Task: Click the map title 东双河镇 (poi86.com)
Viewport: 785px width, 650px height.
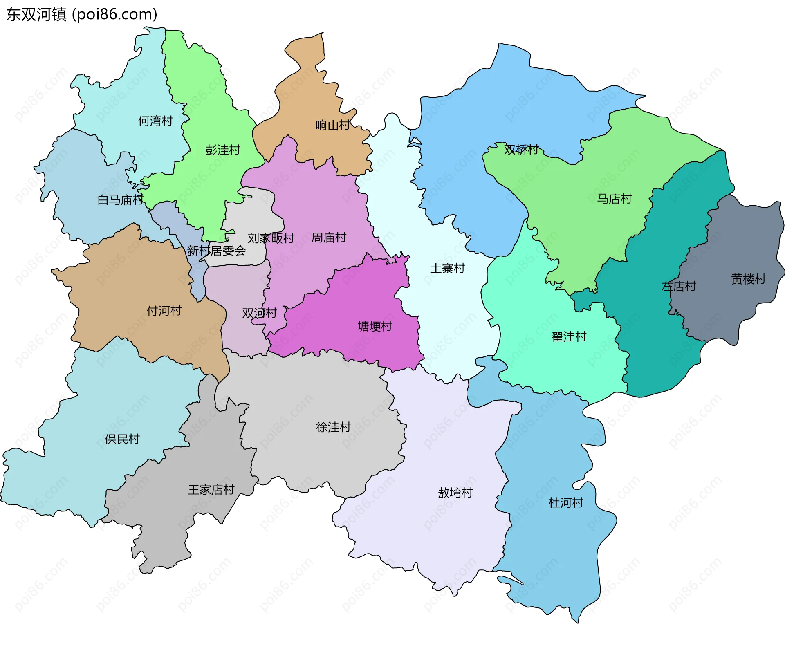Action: tap(82, 14)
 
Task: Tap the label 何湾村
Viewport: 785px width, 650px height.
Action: tap(155, 121)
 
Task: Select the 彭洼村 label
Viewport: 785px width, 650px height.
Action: tap(223, 150)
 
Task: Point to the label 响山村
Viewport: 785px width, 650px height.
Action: tap(333, 125)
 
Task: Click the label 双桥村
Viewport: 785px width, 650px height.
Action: tap(521, 150)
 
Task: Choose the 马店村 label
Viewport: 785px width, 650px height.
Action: tap(615, 199)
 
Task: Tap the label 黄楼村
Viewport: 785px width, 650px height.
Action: tap(748, 279)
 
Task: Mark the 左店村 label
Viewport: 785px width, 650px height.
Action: tap(679, 286)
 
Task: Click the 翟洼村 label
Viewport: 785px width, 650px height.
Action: tap(569, 337)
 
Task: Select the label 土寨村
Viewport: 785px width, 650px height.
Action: tap(448, 269)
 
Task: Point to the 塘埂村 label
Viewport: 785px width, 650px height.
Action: tap(375, 326)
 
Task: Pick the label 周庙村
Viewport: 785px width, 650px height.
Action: tap(329, 238)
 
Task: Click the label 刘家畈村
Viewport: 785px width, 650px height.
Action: tap(271, 238)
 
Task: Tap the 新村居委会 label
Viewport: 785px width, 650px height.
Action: tap(216, 251)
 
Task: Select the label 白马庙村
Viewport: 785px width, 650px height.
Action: tap(121, 200)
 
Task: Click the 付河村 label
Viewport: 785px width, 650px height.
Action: tap(164, 311)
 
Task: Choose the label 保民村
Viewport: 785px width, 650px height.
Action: tap(122, 439)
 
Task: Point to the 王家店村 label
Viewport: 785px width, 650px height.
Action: tap(211, 490)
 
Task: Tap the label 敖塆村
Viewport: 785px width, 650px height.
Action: tap(455, 493)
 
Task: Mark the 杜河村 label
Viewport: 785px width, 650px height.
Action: tap(566, 503)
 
